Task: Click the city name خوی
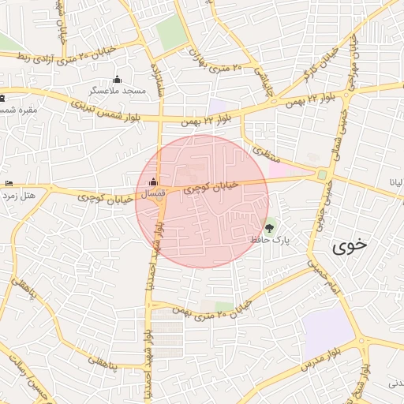(x=350, y=245)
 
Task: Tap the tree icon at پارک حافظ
(x=270, y=228)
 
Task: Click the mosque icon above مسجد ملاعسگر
(x=118, y=79)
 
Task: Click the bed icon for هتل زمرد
(x=9, y=183)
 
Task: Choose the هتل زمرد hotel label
(x=19, y=194)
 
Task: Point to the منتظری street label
(x=261, y=150)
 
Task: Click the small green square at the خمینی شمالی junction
(x=322, y=175)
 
